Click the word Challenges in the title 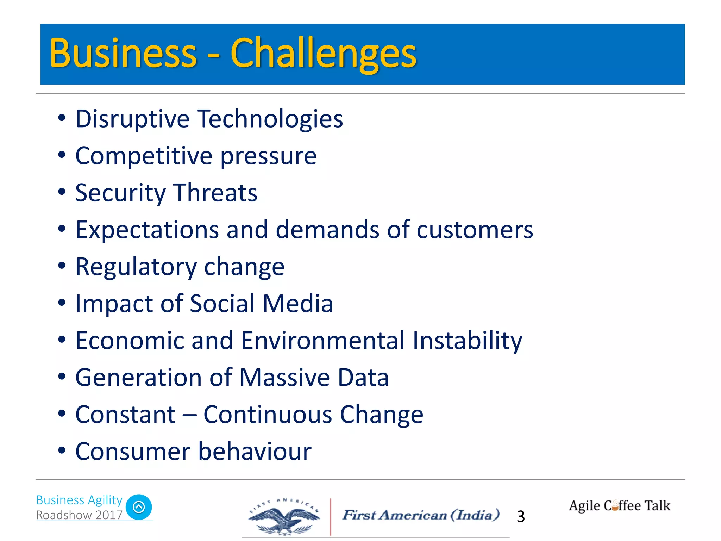[323, 54]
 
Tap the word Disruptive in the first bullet [132, 119]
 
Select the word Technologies [271, 119]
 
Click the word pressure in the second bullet [268, 156]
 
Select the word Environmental [323, 341]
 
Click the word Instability [467, 341]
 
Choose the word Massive [285, 378]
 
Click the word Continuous [268, 415]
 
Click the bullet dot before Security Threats [62, 192]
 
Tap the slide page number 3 [521, 517]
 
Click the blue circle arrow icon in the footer [139, 507]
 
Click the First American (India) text [421, 515]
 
